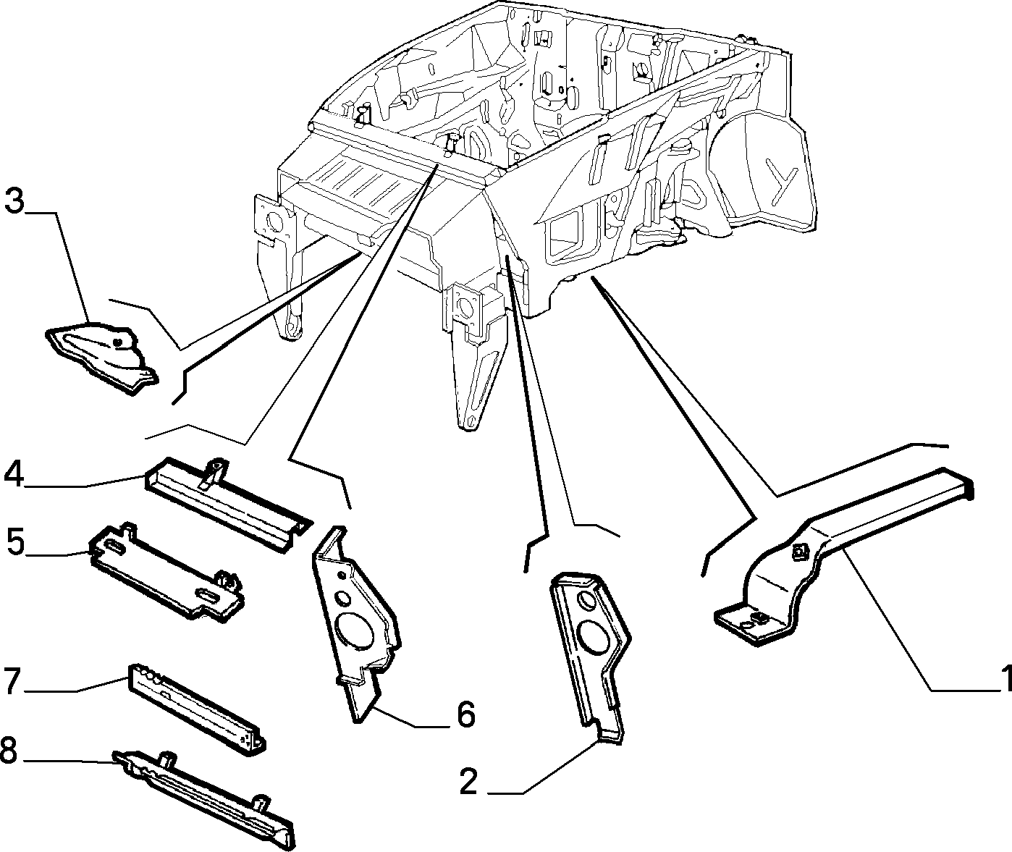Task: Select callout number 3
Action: pyautogui.click(x=15, y=201)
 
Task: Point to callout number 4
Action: pyautogui.click(x=14, y=474)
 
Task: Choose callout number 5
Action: pyautogui.click(x=16, y=542)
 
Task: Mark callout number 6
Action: pyautogui.click(x=465, y=715)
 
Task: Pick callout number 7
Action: pyautogui.click(x=12, y=681)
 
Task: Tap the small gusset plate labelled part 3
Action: pyautogui.click(x=102, y=356)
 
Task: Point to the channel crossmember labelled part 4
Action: pyautogui.click(x=228, y=504)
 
